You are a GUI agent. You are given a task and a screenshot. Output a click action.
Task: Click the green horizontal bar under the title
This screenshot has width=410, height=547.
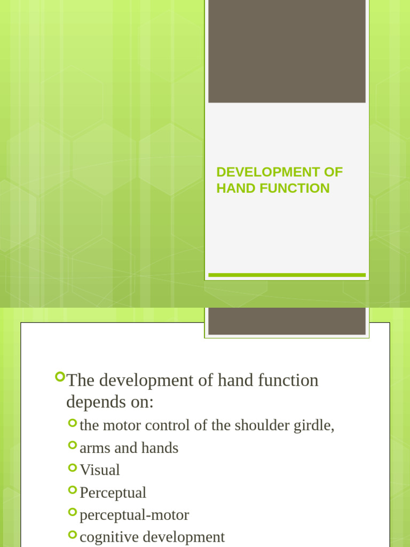pyautogui.click(x=287, y=275)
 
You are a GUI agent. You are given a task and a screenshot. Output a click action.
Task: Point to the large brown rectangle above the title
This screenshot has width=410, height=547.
pyautogui.click(x=287, y=51)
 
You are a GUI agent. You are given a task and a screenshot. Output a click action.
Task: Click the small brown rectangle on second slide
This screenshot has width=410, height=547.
pyautogui.click(x=287, y=321)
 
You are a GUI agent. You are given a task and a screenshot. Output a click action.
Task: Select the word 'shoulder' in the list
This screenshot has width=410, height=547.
pyautogui.click(x=263, y=426)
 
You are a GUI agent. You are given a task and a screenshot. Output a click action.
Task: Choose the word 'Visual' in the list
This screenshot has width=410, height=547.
pyautogui.click(x=100, y=470)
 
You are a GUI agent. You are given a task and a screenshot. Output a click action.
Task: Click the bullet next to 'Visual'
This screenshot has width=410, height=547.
pyautogui.click(x=73, y=467)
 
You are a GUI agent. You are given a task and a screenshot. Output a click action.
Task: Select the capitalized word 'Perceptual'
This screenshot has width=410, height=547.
pyautogui.click(x=113, y=493)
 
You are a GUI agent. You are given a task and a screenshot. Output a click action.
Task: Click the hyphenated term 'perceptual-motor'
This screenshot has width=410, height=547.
pyautogui.click(x=134, y=515)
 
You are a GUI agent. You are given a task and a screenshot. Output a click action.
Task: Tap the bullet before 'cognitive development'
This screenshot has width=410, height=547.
pyautogui.click(x=73, y=534)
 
